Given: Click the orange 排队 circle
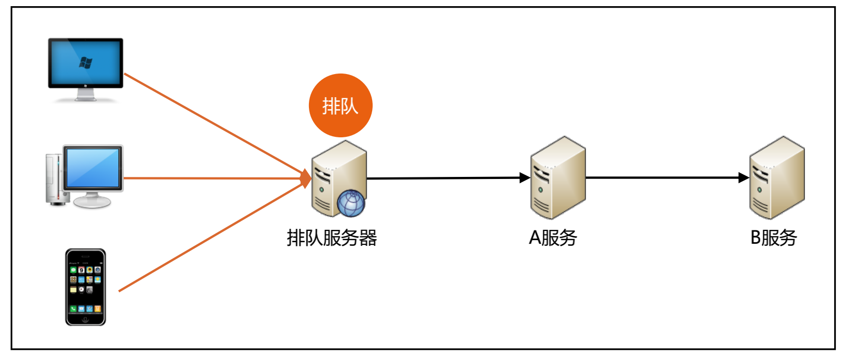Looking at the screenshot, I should tap(340, 105).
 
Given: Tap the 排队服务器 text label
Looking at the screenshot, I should tap(332, 238).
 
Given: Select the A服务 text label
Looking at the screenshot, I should tap(553, 238).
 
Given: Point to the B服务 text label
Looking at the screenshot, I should tap(774, 238).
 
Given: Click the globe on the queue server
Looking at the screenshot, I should tap(351, 203).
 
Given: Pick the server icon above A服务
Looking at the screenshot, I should tap(558, 177).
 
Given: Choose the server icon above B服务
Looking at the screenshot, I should tap(777, 177).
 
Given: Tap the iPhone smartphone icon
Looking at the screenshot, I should tap(85, 287).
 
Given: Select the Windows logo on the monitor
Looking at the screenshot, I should tap(85, 63).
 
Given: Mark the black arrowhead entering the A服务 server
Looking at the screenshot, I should tap(525, 178).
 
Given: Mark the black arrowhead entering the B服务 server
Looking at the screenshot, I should tap(743, 178).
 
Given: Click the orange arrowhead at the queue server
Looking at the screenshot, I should tap(306, 178).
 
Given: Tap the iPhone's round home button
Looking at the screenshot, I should tap(85, 319).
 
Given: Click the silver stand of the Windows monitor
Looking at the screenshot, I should tap(85, 95).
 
